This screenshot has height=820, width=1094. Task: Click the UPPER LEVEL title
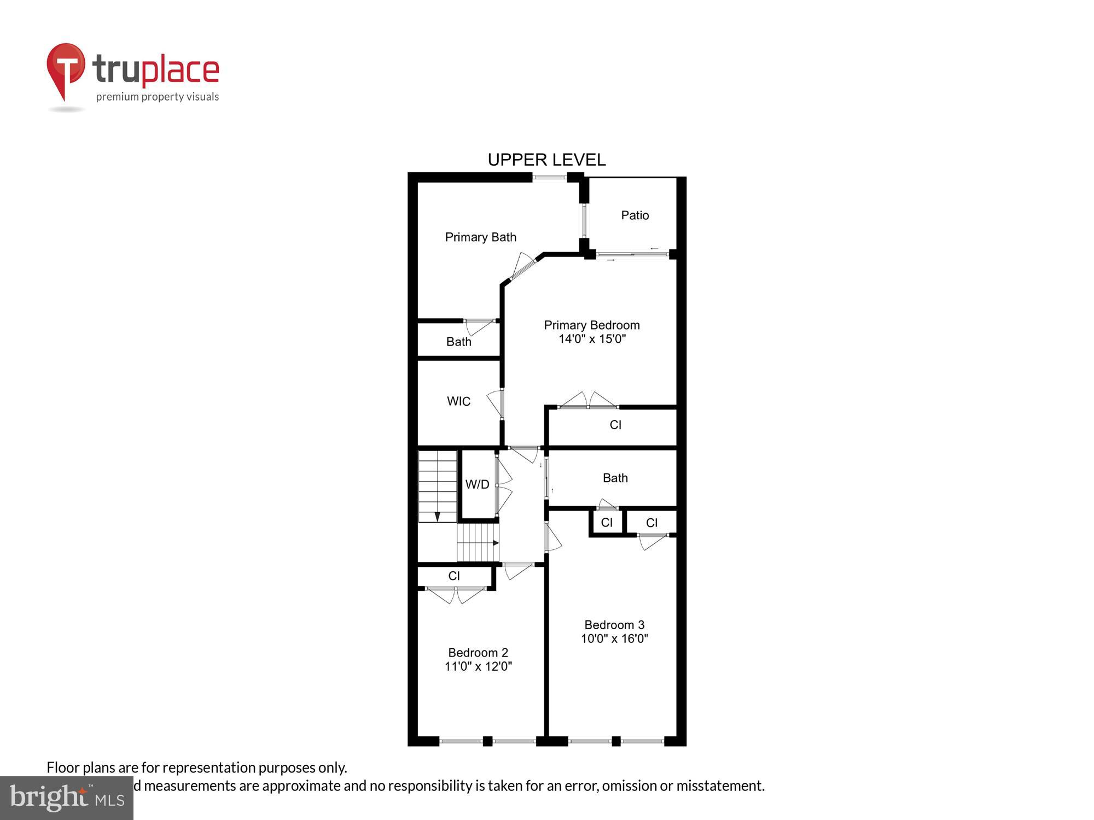546,160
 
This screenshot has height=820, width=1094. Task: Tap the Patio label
635,215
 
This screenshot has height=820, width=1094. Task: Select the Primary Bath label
480,237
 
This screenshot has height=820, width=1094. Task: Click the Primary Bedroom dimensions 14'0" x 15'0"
592,339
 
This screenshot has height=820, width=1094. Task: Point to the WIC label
458,401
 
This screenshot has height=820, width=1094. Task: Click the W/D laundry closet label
477,484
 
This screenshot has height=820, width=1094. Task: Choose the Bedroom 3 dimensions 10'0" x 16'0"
614,639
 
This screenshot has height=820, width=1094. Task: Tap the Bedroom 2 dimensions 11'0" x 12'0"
478,666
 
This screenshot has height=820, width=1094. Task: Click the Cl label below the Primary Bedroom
615,425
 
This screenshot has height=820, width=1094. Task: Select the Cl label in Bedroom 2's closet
453,576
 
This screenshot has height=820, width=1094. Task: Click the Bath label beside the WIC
458,342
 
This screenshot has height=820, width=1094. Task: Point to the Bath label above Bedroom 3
615,478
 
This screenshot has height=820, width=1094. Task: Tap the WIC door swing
496,403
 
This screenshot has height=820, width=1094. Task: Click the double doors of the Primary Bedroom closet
588,401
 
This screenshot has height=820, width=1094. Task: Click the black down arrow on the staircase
437,517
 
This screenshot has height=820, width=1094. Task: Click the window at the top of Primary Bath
549,177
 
